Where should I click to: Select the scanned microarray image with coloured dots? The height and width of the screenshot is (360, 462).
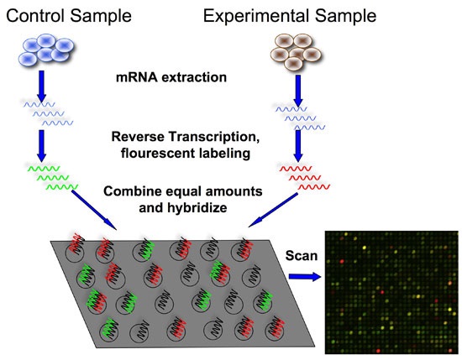pyautogui.click(x=392, y=292)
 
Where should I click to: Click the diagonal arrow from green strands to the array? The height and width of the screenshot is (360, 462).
pyautogui.click(x=100, y=209)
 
